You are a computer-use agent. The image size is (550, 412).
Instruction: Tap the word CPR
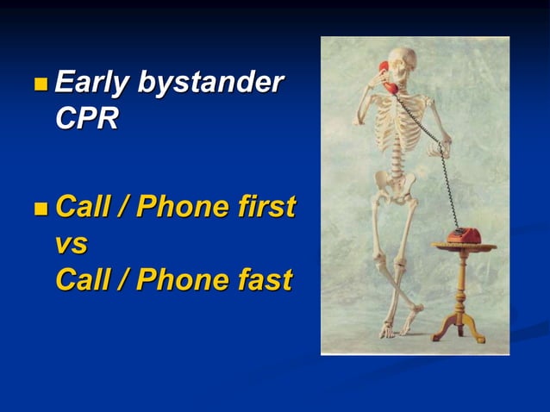[x=86, y=118]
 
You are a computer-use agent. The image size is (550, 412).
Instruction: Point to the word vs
[x=71, y=244]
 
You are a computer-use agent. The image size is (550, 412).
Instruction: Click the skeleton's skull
[x=401, y=66]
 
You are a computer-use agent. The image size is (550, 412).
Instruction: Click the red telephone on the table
[x=464, y=235]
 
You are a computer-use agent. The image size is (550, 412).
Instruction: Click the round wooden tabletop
[x=464, y=247]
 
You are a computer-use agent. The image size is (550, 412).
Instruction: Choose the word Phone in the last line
[x=182, y=280]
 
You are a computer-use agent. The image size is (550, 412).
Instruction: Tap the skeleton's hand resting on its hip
[x=436, y=147]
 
